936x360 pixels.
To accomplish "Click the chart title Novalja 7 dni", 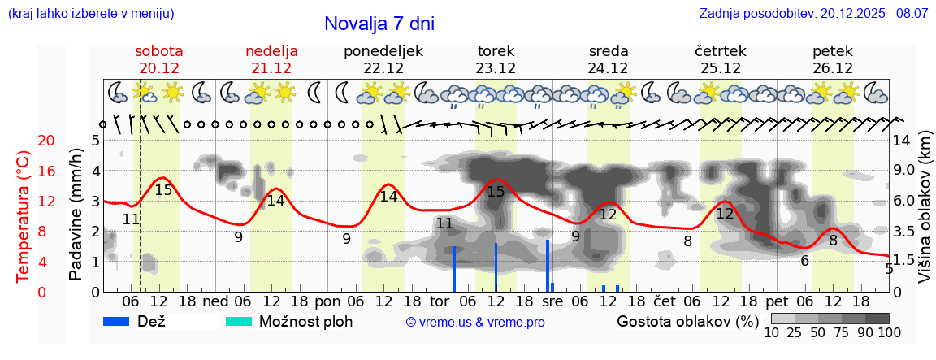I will pos(379,24).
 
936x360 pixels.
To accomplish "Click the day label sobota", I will pos(158,51).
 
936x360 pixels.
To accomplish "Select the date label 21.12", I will pos(271,68).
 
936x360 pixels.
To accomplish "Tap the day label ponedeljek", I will pos(383,51).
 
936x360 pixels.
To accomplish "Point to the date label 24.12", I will pos(608,68).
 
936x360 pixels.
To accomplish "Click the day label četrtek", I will pos(721,51).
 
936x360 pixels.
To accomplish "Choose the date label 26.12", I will pos(832,68).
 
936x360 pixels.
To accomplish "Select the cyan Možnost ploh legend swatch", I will pos(240,321).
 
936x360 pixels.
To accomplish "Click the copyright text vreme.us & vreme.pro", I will pos(475,322).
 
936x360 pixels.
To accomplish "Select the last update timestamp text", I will pos(813,14).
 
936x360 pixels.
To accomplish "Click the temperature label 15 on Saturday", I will pos(163,190).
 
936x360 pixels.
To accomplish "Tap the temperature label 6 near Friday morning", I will pos(804,261).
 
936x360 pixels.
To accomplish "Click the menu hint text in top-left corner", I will pos(90,14).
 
